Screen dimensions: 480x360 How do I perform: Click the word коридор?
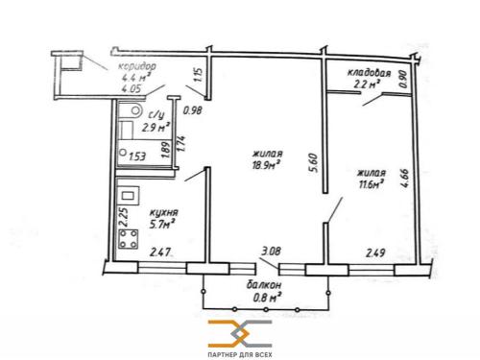pos(137,66)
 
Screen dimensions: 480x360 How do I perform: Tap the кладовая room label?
pos(370,73)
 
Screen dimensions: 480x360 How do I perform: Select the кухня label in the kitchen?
pos(164,213)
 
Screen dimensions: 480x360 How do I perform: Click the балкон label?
pos(264,285)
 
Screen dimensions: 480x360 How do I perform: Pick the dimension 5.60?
pos(314,163)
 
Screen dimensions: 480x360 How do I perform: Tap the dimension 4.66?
pos(405,178)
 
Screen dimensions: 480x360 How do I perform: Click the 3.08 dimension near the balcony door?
pos(271,251)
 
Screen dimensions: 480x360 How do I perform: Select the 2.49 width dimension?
pos(375,253)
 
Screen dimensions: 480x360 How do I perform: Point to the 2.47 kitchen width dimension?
pos(160,252)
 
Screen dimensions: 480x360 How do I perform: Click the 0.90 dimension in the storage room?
pos(403,79)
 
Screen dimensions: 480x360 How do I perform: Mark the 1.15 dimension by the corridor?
pos(199,74)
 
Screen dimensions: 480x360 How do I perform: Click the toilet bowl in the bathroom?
pos(132,110)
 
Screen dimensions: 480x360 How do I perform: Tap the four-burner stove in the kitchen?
pos(129,239)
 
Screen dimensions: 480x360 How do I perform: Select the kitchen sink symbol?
pos(129,196)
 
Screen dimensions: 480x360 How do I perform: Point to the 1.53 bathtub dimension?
pos(137,156)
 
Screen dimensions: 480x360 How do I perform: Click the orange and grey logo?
pos(240,333)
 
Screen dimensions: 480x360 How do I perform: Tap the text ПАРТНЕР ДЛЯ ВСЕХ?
pos(240,354)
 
